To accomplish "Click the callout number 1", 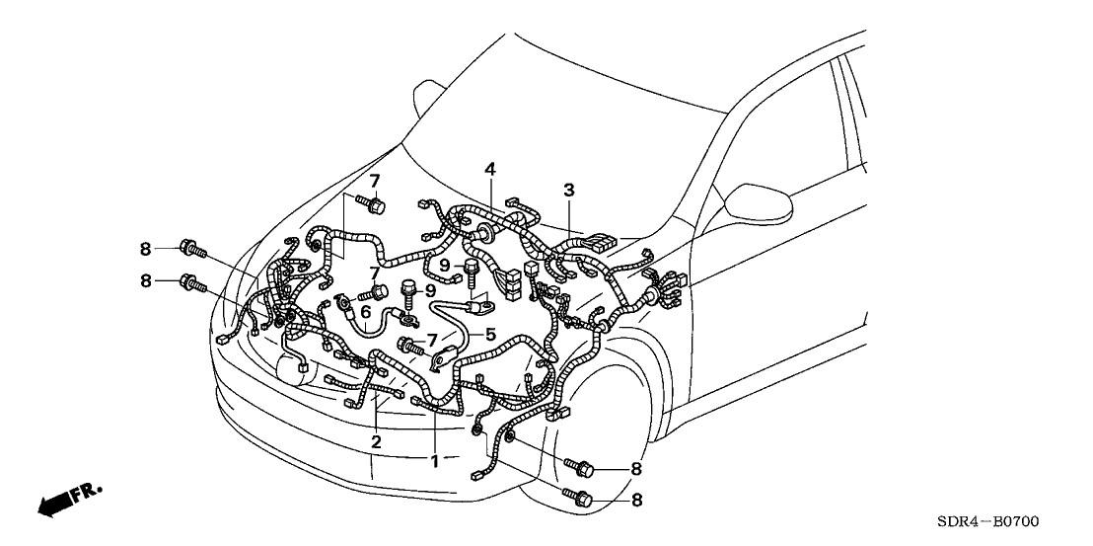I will [435, 460].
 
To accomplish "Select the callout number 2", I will [376, 440].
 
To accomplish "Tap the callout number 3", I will [568, 190].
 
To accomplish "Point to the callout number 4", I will [489, 170].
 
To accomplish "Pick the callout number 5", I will [488, 334].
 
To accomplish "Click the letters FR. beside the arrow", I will [90, 491].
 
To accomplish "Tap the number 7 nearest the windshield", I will [375, 180].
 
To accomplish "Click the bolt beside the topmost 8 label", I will [189, 247].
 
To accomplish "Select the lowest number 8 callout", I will [636, 501].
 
